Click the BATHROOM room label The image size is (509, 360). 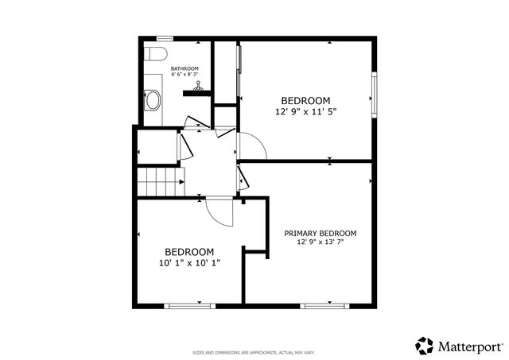click(185, 69)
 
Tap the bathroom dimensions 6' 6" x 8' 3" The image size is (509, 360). click(185, 75)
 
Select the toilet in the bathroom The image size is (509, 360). click(155, 54)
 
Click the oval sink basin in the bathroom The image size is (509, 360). click(153, 100)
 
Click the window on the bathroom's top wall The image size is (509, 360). click(165, 37)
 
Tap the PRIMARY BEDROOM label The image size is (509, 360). click(321, 234)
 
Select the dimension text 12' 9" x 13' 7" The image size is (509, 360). click(321, 242)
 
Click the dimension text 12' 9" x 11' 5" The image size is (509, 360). click(305, 112)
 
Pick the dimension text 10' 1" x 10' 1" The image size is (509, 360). click(189, 261)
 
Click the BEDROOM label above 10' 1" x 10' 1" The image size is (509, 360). click(189, 251)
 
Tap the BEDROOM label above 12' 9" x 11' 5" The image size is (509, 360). click(305, 100)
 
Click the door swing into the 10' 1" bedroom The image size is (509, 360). click(218, 210)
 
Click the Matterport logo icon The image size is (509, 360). click(425, 346)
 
